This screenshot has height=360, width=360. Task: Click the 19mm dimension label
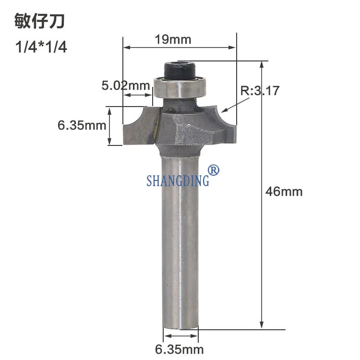[x=173, y=39]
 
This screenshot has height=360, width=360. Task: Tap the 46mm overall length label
[x=284, y=192]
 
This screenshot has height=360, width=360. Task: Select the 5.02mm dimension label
[x=126, y=85]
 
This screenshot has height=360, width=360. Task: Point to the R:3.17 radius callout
[x=260, y=90]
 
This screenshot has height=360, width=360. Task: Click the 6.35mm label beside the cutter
[x=82, y=125]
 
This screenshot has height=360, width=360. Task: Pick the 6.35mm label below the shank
[x=180, y=349]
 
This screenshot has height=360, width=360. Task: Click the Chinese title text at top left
[x=39, y=21]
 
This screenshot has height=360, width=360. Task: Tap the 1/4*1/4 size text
[x=41, y=47]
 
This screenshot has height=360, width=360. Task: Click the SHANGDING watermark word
[x=178, y=180]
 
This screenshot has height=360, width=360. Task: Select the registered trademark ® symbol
[x=213, y=170]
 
